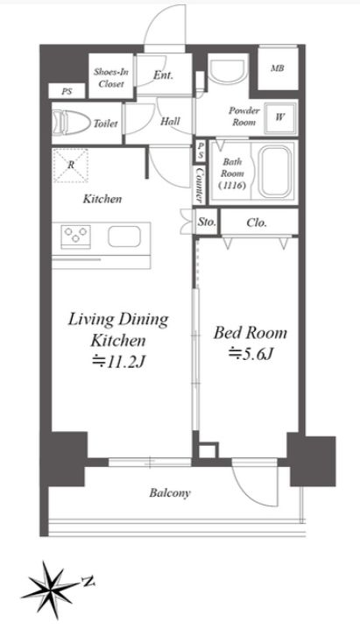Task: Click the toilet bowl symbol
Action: (x=72, y=123)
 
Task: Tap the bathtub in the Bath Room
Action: (x=275, y=172)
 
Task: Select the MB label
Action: (x=277, y=68)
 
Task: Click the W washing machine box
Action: (x=280, y=117)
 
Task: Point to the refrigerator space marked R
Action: (x=71, y=166)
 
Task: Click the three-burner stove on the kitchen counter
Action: (x=75, y=237)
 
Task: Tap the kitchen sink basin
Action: (x=124, y=237)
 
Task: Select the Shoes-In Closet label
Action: (x=111, y=78)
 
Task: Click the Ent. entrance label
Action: (x=163, y=74)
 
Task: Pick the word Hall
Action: (x=170, y=121)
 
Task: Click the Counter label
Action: (x=199, y=185)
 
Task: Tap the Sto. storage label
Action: (x=207, y=222)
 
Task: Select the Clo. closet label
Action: (x=257, y=223)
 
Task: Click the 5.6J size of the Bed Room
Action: (x=251, y=353)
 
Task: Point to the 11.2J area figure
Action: (x=118, y=362)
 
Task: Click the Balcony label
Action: (x=170, y=493)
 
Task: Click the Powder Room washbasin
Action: (x=227, y=72)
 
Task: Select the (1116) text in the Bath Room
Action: (x=232, y=186)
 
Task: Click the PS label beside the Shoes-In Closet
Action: (x=67, y=91)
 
